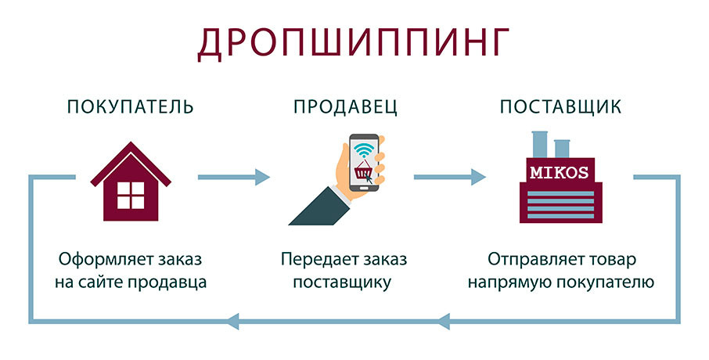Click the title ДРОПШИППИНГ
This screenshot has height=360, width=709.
pyautogui.click(x=354, y=42)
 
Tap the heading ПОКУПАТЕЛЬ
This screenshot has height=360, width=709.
pyautogui.click(x=130, y=106)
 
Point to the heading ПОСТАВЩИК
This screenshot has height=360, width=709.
pyautogui.click(x=560, y=107)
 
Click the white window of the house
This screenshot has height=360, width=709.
pyautogui.click(x=131, y=195)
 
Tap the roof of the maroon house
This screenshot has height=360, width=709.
pyautogui.click(x=131, y=164)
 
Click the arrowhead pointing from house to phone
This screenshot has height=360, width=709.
pyautogui.click(x=262, y=177)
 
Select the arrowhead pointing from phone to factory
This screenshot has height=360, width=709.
pyautogui.click(x=478, y=177)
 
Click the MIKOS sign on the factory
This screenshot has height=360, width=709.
pyautogui.click(x=560, y=172)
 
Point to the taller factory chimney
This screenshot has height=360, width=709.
pyautogui.click(x=540, y=144)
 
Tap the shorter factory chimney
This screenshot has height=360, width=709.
pyautogui.click(x=562, y=149)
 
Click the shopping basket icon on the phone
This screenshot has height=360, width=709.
pyautogui.click(x=363, y=171)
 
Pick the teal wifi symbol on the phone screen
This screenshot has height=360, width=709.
pyautogui.click(x=365, y=149)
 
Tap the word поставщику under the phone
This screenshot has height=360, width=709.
pyautogui.click(x=342, y=283)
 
